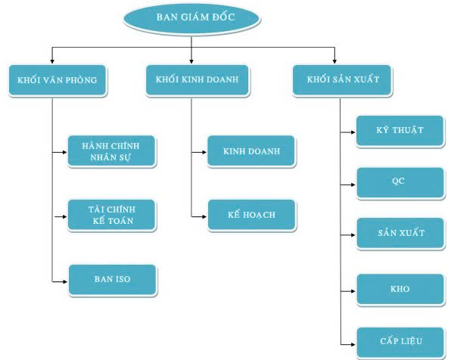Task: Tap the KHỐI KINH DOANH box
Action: pos(191,79)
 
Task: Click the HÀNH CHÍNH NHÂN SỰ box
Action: pos(112,151)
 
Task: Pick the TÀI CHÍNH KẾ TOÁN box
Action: pos(112,215)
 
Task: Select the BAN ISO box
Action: pos(112,279)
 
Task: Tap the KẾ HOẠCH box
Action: pos(252,215)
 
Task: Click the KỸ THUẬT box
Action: pos(400,130)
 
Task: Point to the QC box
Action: pos(400,182)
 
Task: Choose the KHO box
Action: pos(400,289)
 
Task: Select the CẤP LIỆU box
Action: pos(400,341)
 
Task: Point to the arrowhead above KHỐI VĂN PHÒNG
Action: pos(51,61)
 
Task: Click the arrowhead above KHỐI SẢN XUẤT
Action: pos(333,61)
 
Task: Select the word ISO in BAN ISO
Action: pos(122,279)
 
